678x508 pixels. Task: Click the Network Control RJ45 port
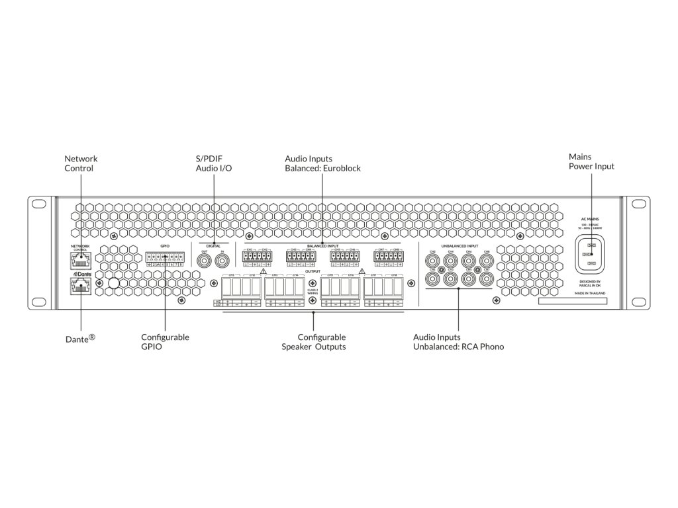79,259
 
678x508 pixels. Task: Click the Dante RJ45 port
79,286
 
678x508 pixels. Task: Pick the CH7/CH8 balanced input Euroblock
389,257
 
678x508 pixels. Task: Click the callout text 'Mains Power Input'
591,161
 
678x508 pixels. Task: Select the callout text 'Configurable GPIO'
165,341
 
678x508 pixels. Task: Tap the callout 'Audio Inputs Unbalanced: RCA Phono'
458,341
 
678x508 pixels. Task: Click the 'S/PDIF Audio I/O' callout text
213,163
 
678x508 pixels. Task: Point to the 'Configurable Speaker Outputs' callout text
313,341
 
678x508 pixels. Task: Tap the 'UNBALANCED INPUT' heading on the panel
459,245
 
